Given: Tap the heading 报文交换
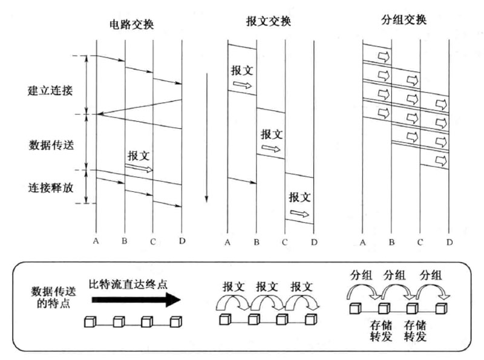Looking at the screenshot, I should coord(269,21).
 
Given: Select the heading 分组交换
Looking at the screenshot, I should coord(405,20).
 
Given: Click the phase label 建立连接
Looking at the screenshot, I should coord(51,91).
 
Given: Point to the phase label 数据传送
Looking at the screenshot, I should coord(51,145).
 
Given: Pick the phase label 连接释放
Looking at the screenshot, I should coord(51,188).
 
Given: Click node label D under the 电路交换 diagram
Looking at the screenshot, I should coord(181,242).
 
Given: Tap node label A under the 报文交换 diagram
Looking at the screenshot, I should coord(227,243).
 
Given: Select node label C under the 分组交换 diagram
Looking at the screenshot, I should coord(419,243).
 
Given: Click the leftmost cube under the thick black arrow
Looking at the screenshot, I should coord(89,321).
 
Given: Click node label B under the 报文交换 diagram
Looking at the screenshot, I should coord(257,243).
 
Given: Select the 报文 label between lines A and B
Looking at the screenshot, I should coord(242,70).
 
